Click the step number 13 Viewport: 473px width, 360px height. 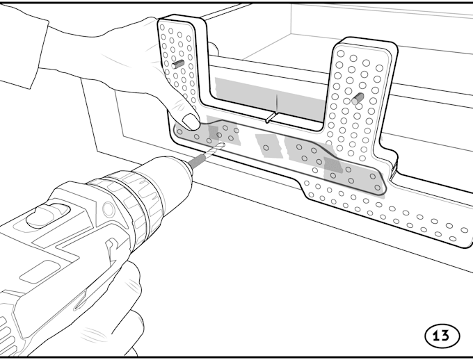coord(442,335)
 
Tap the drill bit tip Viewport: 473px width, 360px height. coord(223,144)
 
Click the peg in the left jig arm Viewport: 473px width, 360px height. coord(177,64)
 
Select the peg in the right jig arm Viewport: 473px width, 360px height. coord(358,99)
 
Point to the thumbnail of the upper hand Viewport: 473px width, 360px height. coord(191,121)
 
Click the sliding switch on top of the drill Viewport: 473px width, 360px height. coord(48,215)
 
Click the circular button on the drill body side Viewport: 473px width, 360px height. coord(109,208)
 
